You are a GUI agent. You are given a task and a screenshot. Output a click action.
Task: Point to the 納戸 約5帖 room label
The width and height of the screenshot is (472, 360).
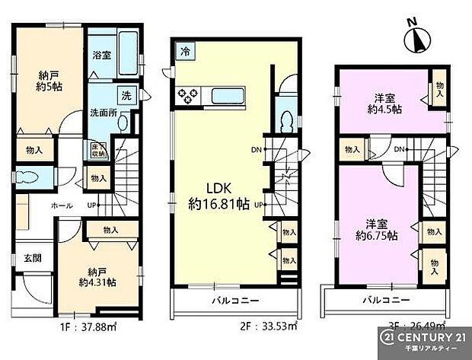[x=49, y=81]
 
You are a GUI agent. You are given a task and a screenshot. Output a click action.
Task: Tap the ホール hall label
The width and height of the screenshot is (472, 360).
[x=62, y=205]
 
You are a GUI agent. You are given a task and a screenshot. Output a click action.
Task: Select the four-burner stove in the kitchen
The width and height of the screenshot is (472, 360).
[x=187, y=97]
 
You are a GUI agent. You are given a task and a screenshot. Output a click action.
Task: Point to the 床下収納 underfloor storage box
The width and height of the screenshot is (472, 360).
[x=97, y=149]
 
